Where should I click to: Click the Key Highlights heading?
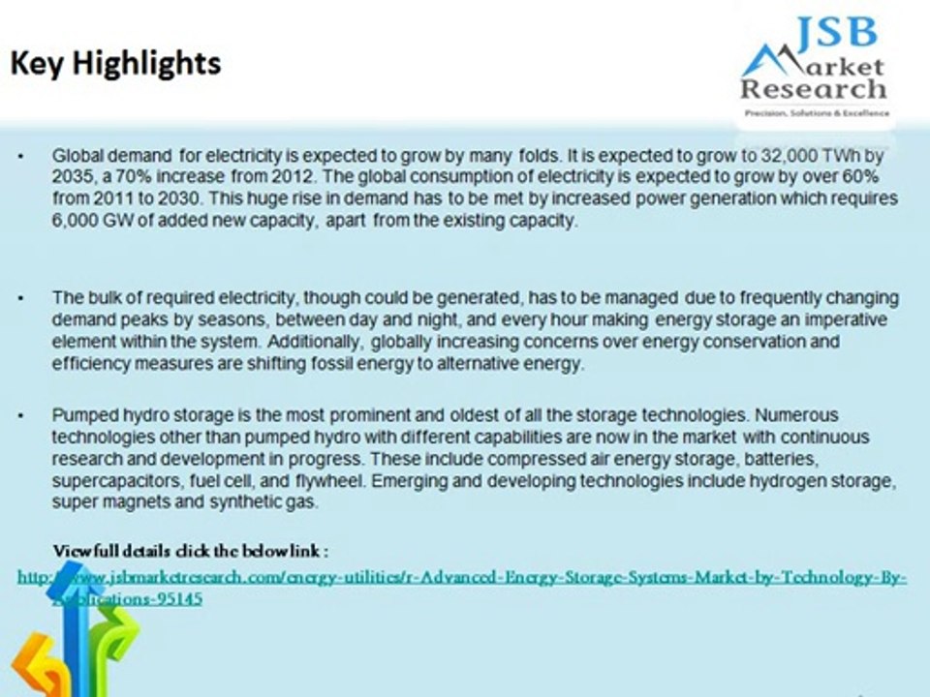click(115, 64)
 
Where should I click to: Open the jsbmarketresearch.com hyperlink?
click(462, 578)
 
